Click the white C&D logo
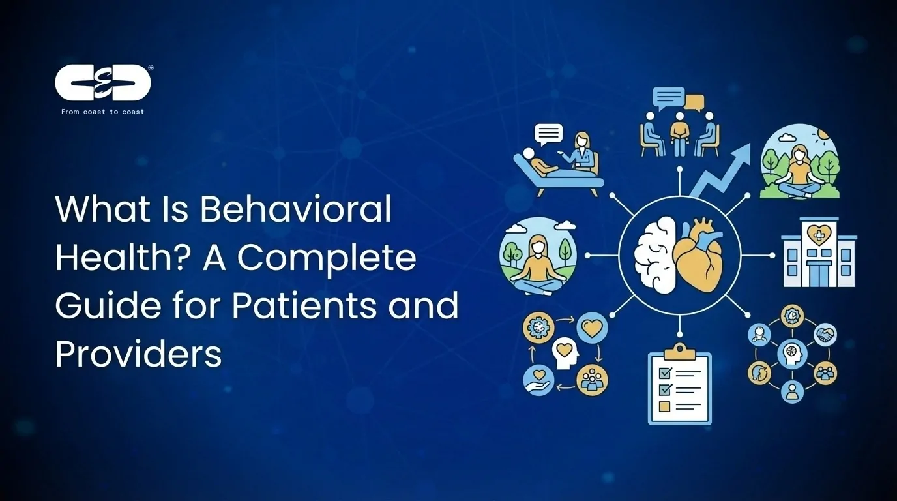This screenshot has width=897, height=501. [x=103, y=83]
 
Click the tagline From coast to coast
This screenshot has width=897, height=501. [x=102, y=112]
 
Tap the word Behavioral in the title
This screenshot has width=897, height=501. [x=295, y=210]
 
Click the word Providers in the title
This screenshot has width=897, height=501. [x=138, y=354]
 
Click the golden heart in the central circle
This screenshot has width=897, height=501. [x=699, y=256]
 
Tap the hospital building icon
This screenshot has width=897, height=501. [x=819, y=252]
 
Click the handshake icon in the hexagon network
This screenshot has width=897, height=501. [x=826, y=335]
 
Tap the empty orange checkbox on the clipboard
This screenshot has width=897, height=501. [x=664, y=406]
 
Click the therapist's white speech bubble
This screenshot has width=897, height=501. [x=548, y=134]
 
